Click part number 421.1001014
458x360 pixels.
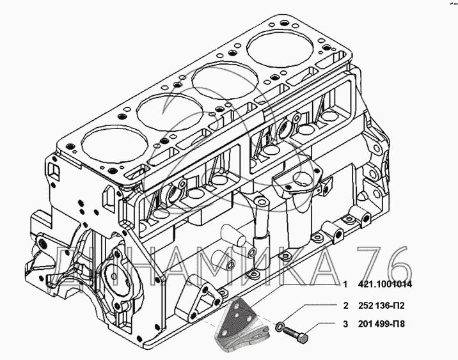[385, 284]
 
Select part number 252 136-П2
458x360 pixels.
[381, 306]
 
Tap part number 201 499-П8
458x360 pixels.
[381, 324]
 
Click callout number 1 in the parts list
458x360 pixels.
[345, 284]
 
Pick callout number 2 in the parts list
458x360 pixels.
[346, 306]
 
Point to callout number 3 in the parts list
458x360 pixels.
[346, 324]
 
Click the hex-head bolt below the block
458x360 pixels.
[296, 334]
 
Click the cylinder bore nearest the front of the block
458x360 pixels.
[114, 146]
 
